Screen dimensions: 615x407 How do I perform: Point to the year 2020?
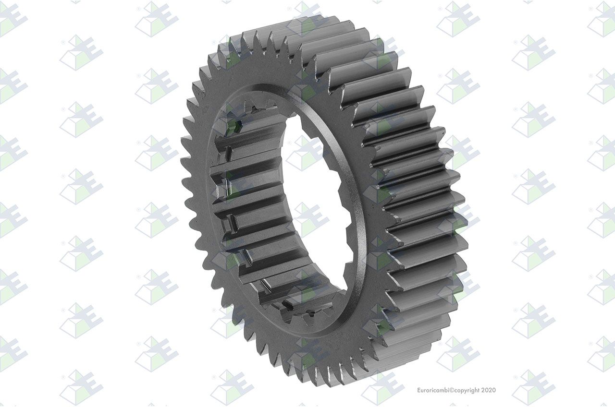pos(489,390)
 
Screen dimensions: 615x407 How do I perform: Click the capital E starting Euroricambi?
pos(419,390)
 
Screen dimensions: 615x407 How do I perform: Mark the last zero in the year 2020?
pos(494,390)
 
